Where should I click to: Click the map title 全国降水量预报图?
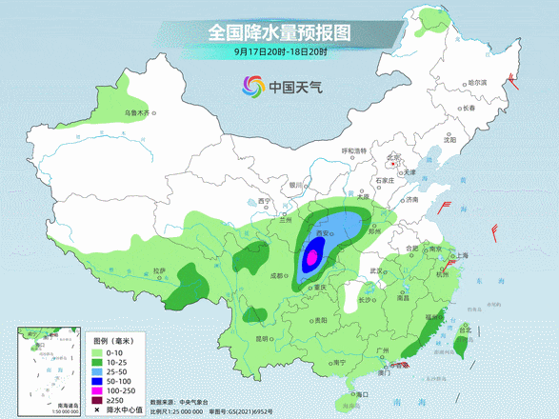point(279,31)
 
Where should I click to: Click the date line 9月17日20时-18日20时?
point(279,53)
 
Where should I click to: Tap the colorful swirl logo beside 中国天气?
point(250,88)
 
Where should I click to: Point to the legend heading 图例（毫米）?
point(113,339)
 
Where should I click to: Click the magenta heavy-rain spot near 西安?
point(310,256)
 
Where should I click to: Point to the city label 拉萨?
point(159,271)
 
